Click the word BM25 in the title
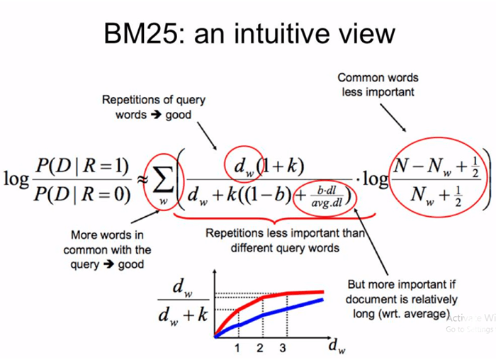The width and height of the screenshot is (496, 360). click(x=141, y=33)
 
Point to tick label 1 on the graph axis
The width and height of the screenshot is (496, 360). click(x=237, y=348)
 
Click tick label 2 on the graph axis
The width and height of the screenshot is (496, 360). click(x=260, y=348)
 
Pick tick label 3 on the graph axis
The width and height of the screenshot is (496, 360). click(x=283, y=348)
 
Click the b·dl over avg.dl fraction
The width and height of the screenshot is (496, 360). click(x=327, y=197)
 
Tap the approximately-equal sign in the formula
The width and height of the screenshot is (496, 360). click(x=142, y=180)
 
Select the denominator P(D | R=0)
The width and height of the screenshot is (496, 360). click(x=82, y=193)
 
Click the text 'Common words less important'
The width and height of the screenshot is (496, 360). click(x=378, y=85)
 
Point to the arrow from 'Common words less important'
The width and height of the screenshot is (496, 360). click(x=393, y=118)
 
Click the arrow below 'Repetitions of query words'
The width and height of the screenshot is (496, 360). click(x=207, y=136)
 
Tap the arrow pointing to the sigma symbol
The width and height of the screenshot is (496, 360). click(x=145, y=217)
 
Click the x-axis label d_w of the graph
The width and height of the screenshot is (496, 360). click(x=337, y=346)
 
